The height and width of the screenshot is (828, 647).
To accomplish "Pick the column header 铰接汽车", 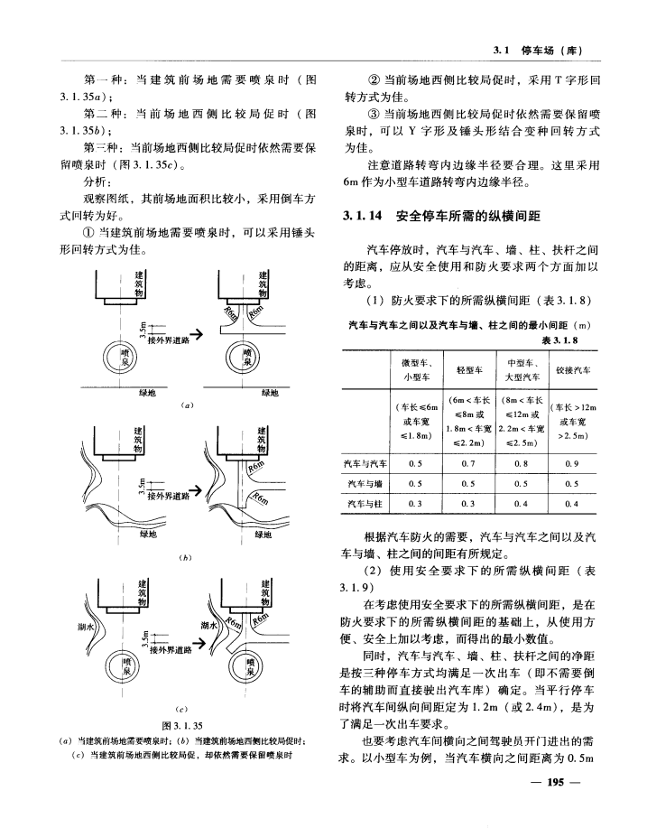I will click(572, 370).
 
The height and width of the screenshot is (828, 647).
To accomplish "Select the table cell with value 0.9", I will click(572, 462).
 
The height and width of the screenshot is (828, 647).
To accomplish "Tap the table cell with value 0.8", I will click(522, 462).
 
